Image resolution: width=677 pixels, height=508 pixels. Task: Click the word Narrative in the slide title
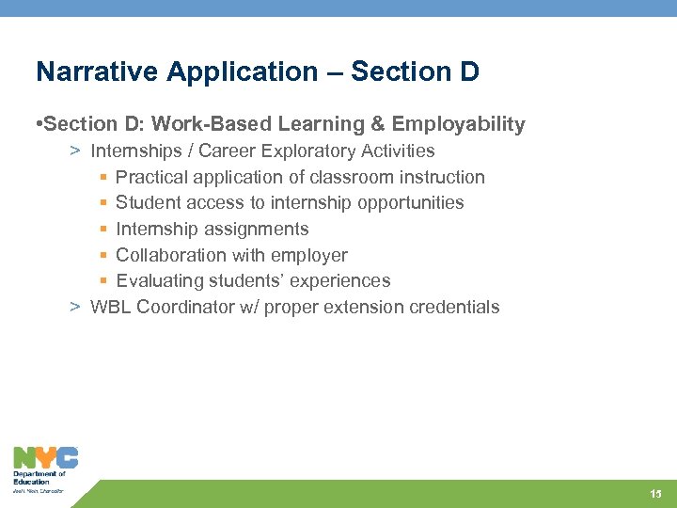click(x=83, y=72)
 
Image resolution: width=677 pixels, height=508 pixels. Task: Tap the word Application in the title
click(x=198, y=72)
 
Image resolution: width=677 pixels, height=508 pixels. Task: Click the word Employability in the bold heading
click(x=459, y=124)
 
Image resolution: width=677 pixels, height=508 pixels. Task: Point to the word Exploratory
click(x=307, y=151)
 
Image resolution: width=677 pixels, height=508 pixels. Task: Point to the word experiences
click(x=343, y=280)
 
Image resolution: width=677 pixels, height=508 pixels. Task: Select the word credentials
click(x=458, y=307)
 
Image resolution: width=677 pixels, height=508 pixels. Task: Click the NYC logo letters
click(x=45, y=458)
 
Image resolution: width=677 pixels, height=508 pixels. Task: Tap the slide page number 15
click(x=655, y=494)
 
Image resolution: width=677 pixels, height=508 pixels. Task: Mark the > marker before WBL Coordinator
click(x=73, y=307)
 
